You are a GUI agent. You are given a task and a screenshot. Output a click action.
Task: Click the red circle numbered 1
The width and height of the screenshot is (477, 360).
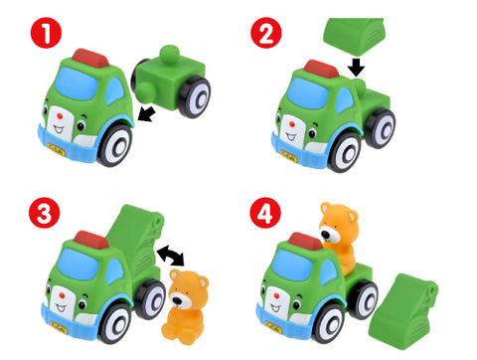(46, 33)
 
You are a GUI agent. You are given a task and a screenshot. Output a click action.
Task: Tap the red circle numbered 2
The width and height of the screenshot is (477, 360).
(266, 33)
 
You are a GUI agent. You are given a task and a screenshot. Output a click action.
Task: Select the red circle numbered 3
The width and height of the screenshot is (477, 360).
(44, 213)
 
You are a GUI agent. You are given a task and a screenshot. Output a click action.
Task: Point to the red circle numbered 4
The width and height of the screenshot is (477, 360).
(265, 213)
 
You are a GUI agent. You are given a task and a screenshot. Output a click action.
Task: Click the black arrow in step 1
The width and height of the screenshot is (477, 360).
(146, 113)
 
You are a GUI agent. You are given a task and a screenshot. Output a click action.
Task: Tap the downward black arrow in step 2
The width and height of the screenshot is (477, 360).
(357, 67)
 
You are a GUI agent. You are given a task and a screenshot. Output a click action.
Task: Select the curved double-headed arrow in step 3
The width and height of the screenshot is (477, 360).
(171, 255)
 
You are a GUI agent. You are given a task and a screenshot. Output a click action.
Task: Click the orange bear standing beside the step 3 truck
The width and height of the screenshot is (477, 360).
(184, 306)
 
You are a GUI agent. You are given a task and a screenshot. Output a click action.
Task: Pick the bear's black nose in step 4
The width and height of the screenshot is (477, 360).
(326, 235)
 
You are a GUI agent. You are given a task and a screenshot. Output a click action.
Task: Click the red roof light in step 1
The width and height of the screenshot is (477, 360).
(90, 58)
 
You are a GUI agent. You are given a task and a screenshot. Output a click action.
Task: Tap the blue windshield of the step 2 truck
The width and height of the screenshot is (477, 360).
(308, 93)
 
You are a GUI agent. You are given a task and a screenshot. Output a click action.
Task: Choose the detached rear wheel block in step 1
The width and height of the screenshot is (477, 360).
(171, 82)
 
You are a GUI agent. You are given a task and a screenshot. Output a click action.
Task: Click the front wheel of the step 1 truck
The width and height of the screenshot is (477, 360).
(115, 145)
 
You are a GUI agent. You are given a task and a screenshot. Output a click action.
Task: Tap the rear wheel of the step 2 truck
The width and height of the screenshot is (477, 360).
(380, 128)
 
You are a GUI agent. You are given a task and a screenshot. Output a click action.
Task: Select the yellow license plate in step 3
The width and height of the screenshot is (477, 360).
(59, 327)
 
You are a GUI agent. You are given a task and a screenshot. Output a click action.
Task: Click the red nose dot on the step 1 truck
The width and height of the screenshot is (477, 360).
(60, 116)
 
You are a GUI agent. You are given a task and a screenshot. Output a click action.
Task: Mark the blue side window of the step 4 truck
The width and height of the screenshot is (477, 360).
(329, 272)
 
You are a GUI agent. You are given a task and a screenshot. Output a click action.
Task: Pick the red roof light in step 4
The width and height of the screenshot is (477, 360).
(306, 241)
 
